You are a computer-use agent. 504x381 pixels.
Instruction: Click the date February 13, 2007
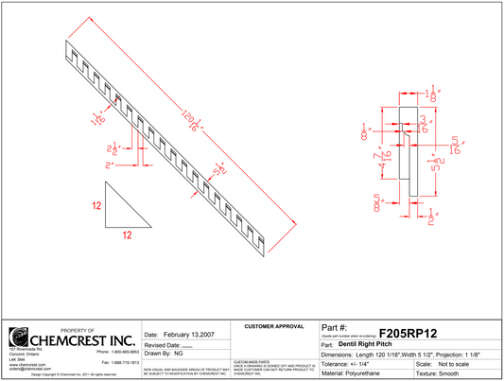(180, 335)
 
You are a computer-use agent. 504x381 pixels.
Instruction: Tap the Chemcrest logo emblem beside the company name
(18, 338)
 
